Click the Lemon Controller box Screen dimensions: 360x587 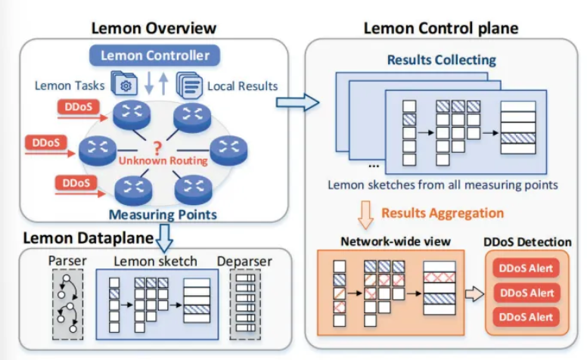pyautogui.click(x=154, y=54)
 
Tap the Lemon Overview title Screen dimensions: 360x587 pyautogui.click(x=154, y=29)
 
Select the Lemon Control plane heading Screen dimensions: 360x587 pyautogui.click(x=440, y=29)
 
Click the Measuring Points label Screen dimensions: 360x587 pyautogui.click(x=162, y=215)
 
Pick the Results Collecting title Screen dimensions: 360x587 pyautogui.click(x=441, y=59)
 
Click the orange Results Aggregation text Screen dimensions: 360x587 pyautogui.click(x=442, y=213)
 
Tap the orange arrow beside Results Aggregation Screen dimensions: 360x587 pyautogui.click(x=365, y=214)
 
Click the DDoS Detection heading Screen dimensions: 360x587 pyautogui.click(x=527, y=242)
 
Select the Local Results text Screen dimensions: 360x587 pyautogui.click(x=242, y=85)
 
